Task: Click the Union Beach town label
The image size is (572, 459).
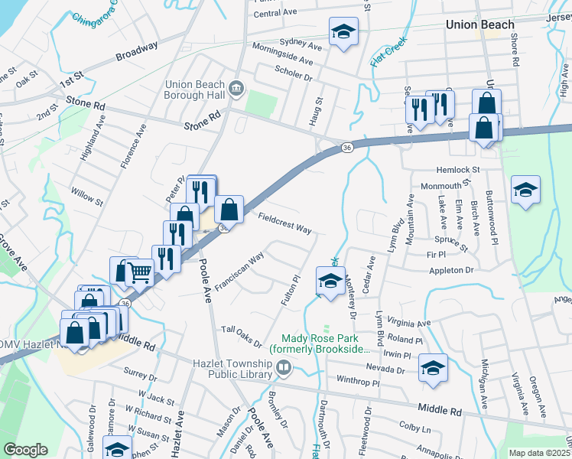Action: point(480,24)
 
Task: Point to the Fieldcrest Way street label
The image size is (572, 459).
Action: point(284,224)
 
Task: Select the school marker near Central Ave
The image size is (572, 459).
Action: point(343,32)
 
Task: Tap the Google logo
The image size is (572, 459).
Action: point(25,450)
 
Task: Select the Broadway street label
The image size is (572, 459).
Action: point(137,52)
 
